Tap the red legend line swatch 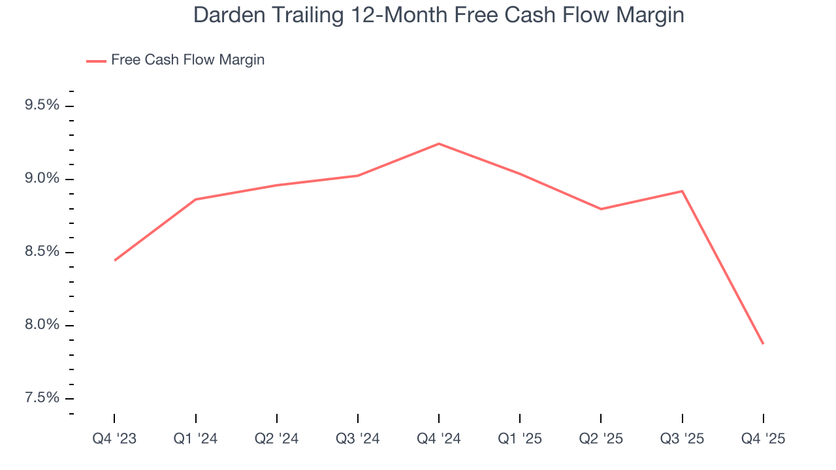96,61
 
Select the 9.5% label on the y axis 42,106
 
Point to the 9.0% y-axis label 42,179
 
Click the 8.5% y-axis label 42,252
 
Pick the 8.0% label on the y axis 42,325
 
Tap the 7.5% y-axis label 42,398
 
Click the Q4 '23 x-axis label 114,439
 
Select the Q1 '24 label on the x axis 195,439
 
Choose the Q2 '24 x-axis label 277,439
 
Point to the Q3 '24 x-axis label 358,439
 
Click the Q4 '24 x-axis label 439,439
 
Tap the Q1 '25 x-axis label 520,439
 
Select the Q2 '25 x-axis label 601,439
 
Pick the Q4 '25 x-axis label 763,439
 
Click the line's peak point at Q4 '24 439,144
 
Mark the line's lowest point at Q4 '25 763,343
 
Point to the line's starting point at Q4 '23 115,260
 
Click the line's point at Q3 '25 682,191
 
